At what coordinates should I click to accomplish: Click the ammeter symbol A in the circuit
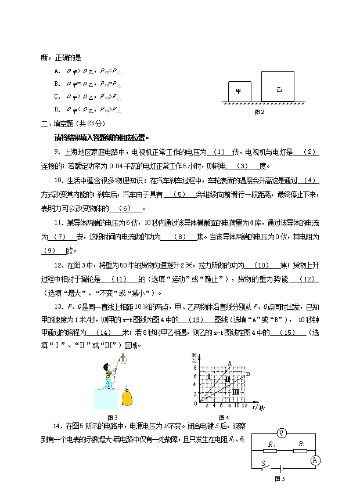316,460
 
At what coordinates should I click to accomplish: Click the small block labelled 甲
238,91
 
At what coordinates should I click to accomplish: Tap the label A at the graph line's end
229,364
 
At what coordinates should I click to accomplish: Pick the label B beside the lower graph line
248,374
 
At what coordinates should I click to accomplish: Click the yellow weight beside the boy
128,397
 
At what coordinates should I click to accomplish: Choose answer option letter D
57,109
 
